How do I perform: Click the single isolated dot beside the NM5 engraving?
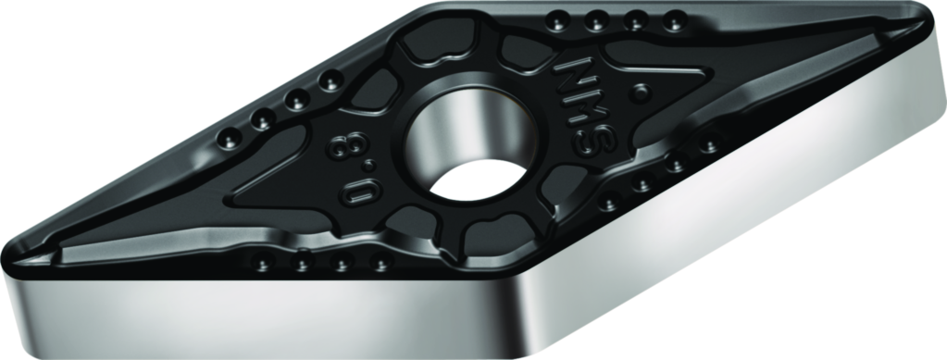pyautogui.click(x=639, y=92)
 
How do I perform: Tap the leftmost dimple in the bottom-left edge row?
pyautogui.click(x=262, y=265)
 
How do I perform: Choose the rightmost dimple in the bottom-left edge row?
pyautogui.click(x=380, y=266)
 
